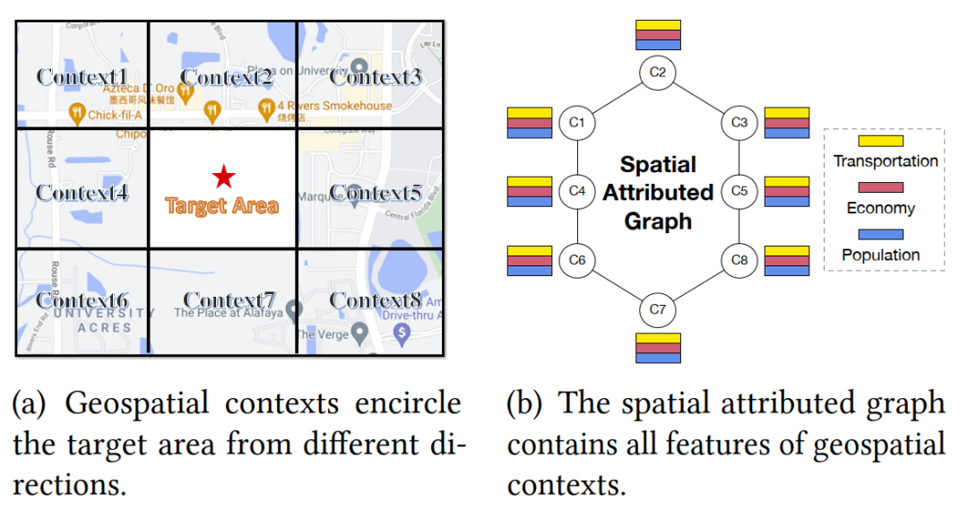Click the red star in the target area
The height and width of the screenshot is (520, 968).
click(222, 177)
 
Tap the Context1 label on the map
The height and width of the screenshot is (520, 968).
click(82, 76)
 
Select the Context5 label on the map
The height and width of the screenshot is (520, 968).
click(376, 192)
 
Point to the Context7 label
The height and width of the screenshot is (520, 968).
click(229, 299)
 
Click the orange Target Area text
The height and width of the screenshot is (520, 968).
click(222, 206)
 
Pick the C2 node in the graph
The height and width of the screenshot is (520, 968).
click(657, 72)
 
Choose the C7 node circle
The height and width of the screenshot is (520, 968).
click(657, 310)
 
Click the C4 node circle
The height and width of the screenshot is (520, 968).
click(577, 191)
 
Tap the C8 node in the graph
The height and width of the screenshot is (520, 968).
click(739, 260)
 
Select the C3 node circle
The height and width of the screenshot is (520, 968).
click(739, 122)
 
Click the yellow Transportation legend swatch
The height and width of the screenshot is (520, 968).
click(880, 141)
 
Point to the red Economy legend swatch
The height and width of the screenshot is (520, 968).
click(880, 187)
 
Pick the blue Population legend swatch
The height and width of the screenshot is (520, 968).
click(880, 235)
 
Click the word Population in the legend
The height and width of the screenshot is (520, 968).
click(880, 256)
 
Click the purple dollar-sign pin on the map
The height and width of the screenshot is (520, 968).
click(402, 334)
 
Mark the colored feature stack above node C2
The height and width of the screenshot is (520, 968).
click(658, 34)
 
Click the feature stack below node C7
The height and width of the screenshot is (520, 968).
click(658, 347)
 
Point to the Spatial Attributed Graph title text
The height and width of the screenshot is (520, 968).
click(658, 192)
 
